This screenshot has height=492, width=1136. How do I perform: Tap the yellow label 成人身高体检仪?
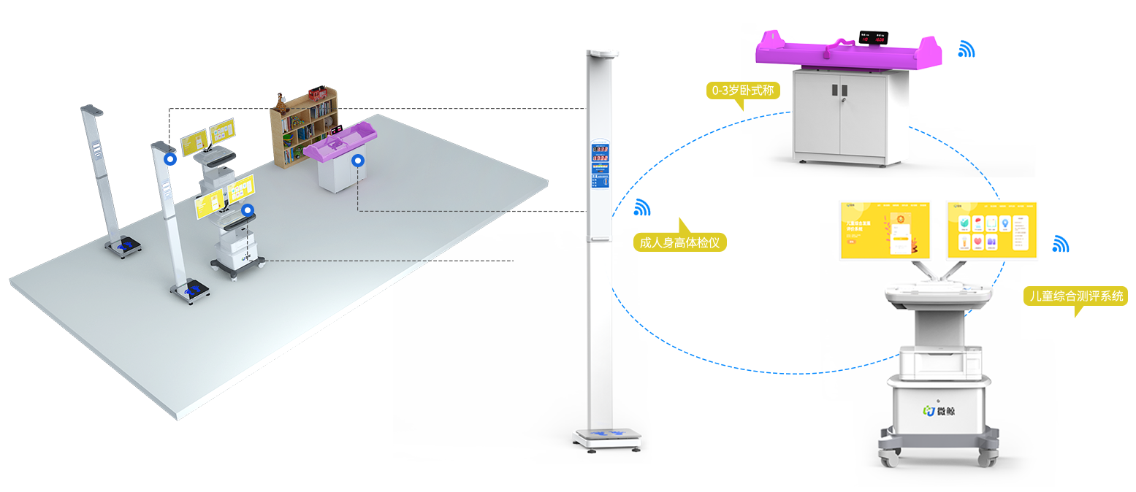point(679,242)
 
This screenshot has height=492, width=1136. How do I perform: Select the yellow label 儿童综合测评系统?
point(1075,296)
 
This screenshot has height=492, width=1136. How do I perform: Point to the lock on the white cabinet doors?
point(842,92)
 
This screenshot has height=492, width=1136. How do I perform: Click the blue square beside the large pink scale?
point(967,48)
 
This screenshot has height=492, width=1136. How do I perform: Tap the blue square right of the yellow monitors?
point(1061,243)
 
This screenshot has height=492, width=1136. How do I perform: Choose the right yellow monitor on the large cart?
point(991,230)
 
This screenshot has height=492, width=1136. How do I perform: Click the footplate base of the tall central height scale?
point(606,437)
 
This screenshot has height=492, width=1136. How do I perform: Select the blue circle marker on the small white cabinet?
point(357,160)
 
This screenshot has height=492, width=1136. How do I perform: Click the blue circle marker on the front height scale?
point(170,158)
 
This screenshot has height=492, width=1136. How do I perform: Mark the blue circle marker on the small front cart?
point(248,210)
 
